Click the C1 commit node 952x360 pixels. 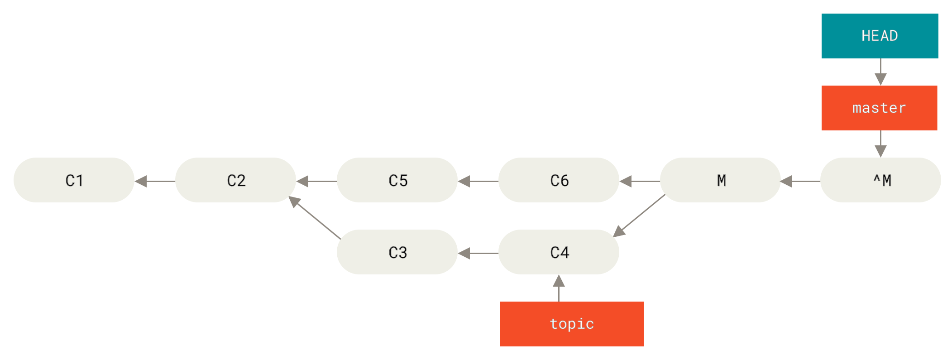click(x=74, y=180)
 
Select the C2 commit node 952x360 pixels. click(x=235, y=180)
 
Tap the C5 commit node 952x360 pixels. click(x=397, y=180)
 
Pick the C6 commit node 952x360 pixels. click(x=559, y=180)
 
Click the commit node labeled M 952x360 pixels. click(x=720, y=180)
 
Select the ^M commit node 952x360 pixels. click(x=880, y=180)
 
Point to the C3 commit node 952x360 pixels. click(x=397, y=252)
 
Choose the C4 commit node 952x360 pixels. click(x=559, y=252)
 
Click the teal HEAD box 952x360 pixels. click(x=880, y=36)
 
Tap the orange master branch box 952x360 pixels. click(x=879, y=108)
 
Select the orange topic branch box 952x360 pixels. click(x=571, y=324)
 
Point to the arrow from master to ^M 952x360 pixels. click(x=880, y=144)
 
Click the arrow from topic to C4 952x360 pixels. click(x=559, y=288)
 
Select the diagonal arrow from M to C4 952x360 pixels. click(x=639, y=216)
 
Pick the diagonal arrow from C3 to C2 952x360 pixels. click(x=315, y=218)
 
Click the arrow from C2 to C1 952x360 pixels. click(x=155, y=181)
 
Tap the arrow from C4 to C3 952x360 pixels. click(x=478, y=253)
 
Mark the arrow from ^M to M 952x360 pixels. click(x=800, y=181)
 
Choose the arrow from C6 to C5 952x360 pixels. click(x=478, y=181)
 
